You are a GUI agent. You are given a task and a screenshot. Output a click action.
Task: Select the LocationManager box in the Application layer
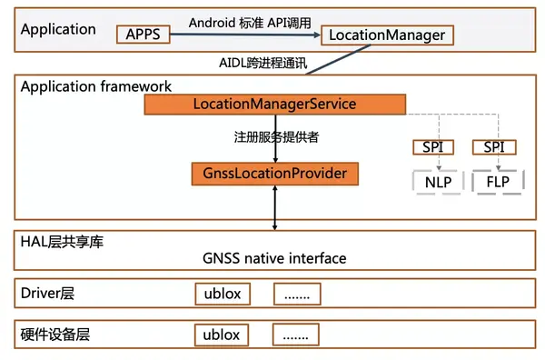(x=386, y=35)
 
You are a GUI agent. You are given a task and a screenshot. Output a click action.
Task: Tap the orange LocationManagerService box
(x=275, y=105)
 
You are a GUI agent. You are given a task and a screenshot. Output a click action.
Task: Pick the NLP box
(x=438, y=182)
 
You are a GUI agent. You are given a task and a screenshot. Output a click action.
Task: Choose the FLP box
(x=496, y=182)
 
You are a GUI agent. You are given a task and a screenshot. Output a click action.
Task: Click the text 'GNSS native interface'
(x=275, y=258)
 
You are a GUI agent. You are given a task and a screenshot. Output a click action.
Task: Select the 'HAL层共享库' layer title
(x=61, y=240)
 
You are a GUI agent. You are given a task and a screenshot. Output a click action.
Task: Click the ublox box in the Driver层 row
(x=222, y=295)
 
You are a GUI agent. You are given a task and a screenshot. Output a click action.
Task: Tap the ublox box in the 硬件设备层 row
(x=222, y=335)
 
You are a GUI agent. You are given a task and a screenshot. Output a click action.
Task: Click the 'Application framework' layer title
(x=95, y=86)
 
